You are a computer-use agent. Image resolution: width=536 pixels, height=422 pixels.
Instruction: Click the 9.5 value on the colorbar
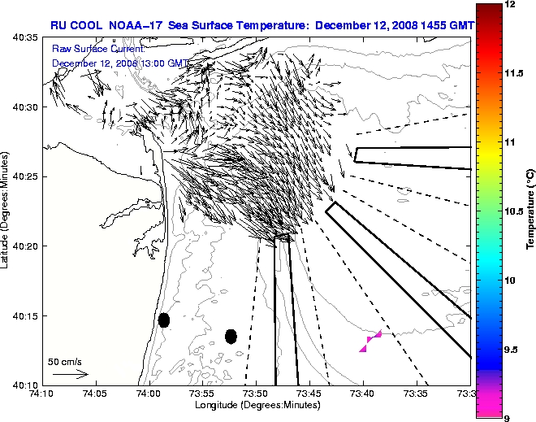tap(511, 350)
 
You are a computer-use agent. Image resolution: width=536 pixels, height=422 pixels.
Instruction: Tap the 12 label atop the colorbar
tap(509, 5)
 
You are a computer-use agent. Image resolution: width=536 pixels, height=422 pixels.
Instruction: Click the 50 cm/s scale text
tap(64, 361)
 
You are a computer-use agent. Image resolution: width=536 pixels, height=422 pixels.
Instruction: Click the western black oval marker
tap(163, 320)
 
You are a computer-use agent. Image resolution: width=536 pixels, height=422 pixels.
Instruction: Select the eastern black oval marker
tap(231, 336)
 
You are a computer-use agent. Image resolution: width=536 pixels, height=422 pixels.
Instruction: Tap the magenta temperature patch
tap(370, 342)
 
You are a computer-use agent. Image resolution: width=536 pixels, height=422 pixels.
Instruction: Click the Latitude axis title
tap(6, 212)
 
